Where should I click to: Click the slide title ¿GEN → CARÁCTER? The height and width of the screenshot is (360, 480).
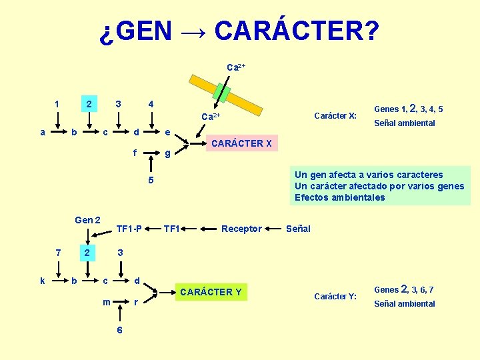[239, 31]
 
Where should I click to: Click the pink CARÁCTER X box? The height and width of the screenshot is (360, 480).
[241, 143]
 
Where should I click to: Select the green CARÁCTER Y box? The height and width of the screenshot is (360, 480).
[211, 292]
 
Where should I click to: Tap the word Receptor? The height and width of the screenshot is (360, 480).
[241, 229]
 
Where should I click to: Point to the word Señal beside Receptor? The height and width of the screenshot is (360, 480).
[298, 229]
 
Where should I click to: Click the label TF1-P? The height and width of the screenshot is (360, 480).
[129, 229]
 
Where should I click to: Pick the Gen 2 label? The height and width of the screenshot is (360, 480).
[88, 220]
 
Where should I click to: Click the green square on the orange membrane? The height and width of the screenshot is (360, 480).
[223, 94]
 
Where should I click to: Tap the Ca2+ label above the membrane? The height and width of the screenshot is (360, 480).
[236, 67]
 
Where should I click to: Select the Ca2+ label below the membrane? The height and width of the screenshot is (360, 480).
[211, 117]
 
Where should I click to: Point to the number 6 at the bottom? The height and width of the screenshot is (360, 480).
[119, 331]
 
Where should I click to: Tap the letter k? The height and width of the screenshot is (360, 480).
[43, 281]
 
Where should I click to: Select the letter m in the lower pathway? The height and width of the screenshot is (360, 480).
[107, 302]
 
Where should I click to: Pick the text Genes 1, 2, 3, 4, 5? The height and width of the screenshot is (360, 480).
[408, 109]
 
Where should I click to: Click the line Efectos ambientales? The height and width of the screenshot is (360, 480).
[340, 197]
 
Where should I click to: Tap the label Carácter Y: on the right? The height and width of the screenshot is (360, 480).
[335, 296]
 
